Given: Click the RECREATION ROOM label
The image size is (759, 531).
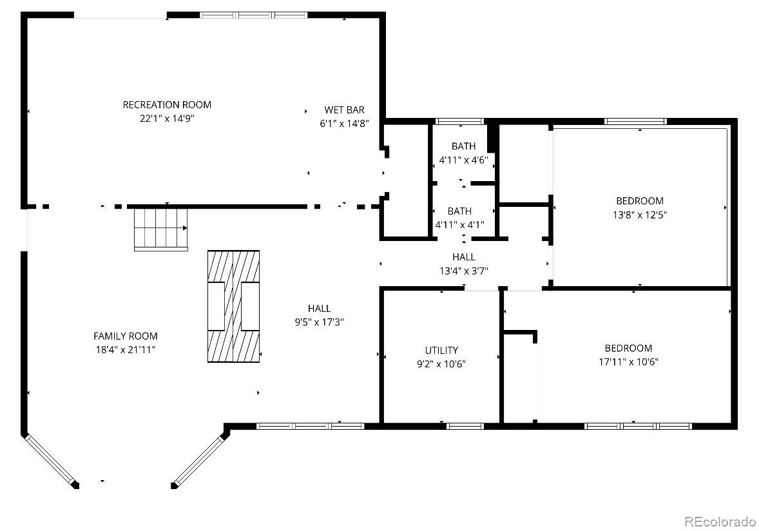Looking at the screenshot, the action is [166, 104].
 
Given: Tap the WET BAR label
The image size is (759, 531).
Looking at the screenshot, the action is [344, 110].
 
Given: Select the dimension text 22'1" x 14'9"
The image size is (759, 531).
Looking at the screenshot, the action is [167, 118].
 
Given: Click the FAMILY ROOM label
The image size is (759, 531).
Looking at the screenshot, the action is [126, 336].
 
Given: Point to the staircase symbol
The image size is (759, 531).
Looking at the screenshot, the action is [160, 229].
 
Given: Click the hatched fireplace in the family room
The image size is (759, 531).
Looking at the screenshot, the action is [233, 306].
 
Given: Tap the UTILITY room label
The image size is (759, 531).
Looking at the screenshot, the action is [441, 350].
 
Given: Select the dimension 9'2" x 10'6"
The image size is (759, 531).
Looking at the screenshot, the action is [441, 364].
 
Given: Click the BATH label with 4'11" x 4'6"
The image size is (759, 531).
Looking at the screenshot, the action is [463, 146].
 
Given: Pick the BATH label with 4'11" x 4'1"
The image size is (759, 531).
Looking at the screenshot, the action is [459, 211].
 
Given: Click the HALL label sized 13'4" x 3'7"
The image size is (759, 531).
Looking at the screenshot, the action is [464, 257].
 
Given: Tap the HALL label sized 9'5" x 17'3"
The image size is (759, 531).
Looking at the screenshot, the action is [319, 308].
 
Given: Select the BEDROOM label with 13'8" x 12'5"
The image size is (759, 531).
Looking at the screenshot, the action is [639, 201].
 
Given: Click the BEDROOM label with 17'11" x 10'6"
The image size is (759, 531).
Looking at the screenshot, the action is [628, 348].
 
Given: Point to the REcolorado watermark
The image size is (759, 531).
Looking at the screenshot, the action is [720, 521].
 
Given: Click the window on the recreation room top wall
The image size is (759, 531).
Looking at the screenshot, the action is [254, 15].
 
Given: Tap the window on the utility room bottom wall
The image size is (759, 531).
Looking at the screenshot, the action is [465, 426].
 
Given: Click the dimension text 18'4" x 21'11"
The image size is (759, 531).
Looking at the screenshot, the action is [126, 349].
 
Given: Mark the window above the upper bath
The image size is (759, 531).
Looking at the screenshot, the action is [459, 122].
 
